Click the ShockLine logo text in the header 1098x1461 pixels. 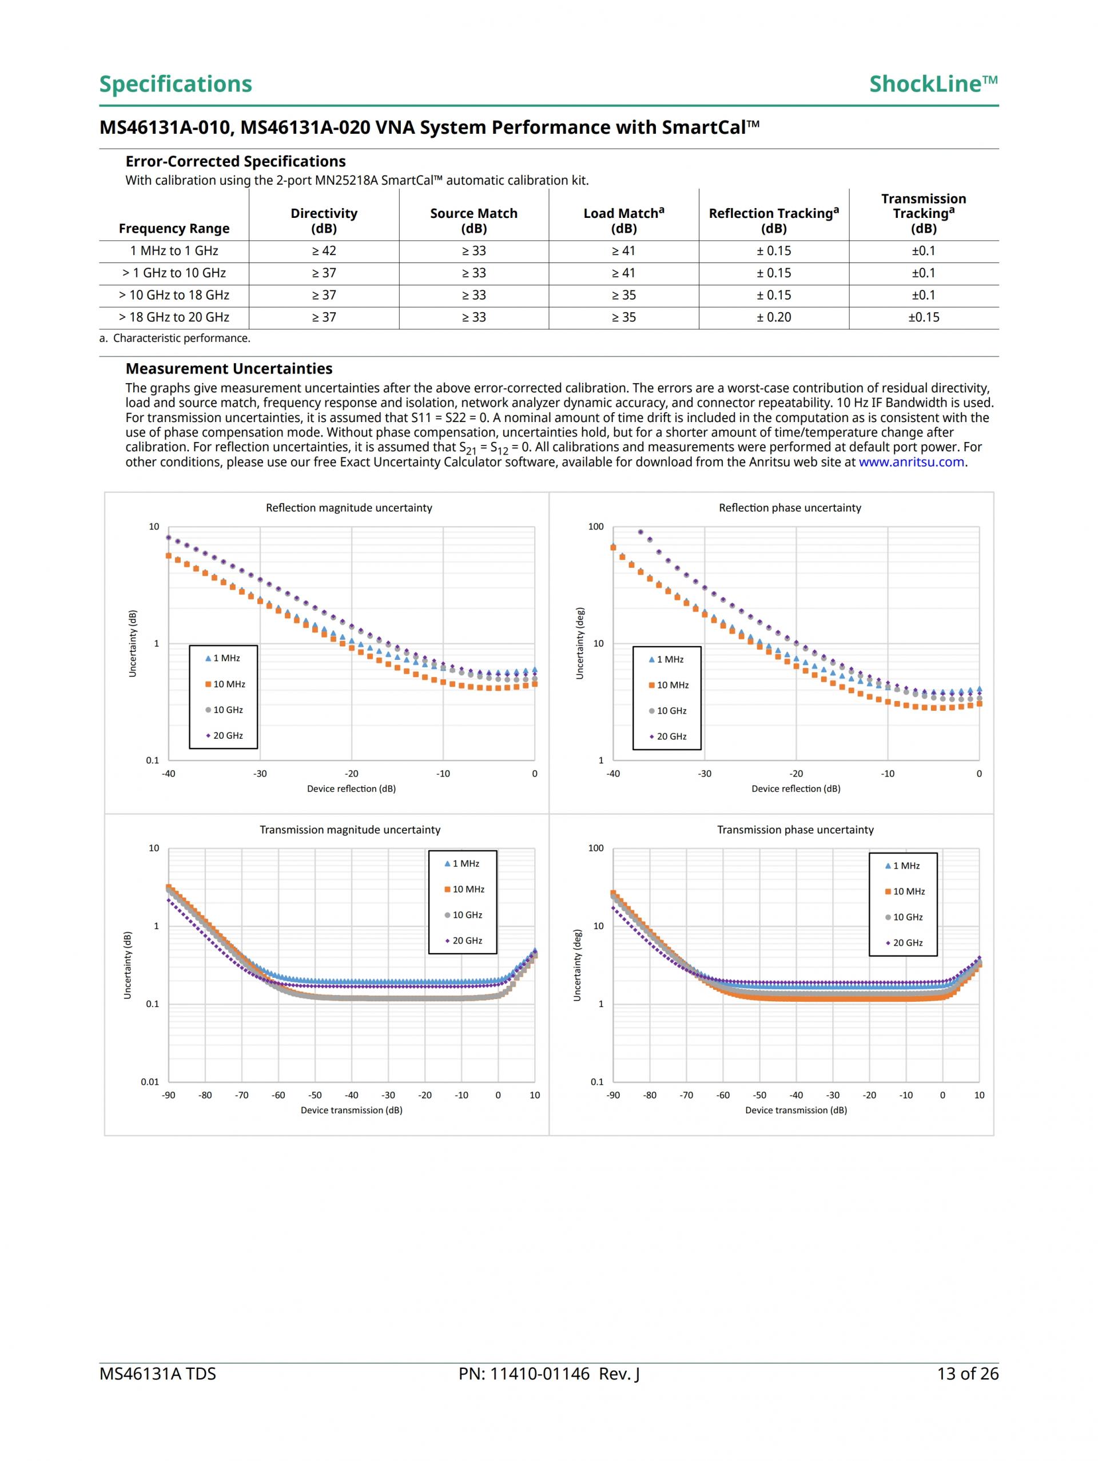point(932,84)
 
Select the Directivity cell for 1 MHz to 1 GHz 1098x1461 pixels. point(324,251)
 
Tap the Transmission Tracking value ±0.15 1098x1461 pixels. point(923,317)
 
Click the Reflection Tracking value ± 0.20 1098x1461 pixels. point(774,317)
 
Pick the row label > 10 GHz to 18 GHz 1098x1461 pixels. point(174,295)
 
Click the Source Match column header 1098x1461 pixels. point(473,221)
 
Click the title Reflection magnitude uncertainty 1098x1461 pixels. point(349,508)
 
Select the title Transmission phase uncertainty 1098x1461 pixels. point(795,830)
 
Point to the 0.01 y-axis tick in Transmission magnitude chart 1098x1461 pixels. point(150,1082)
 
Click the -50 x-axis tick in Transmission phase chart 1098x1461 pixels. point(760,1095)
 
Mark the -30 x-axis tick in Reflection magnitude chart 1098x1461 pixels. point(260,774)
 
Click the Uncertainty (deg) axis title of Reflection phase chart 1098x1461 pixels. point(579,643)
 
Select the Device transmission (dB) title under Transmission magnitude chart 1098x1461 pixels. point(352,1110)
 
